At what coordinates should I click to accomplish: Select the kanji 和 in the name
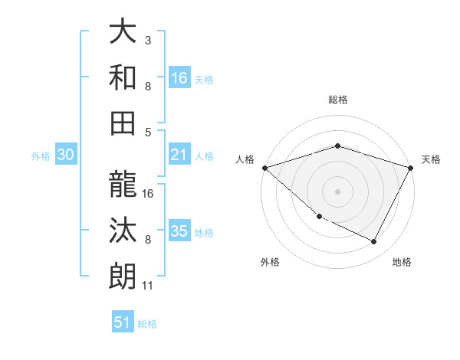point(123,77)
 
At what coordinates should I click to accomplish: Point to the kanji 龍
point(123,185)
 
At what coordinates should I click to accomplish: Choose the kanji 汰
point(123,230)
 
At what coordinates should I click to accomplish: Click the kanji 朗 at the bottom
point(123,275)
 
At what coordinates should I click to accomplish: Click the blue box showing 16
point(179,78)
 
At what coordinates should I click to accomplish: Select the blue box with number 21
point(179,155)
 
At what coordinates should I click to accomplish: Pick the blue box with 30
point(66,155)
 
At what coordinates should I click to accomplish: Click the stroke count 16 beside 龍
point(149,193)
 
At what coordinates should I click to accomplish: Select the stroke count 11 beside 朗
point(148,286)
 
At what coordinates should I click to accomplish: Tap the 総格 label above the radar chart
point(337,100)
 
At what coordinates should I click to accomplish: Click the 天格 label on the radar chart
point(431,159)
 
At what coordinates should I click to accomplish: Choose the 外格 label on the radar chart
point(270,262)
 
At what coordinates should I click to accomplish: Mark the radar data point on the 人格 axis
point(264,168)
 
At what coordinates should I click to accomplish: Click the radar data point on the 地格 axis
point(374,242)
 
